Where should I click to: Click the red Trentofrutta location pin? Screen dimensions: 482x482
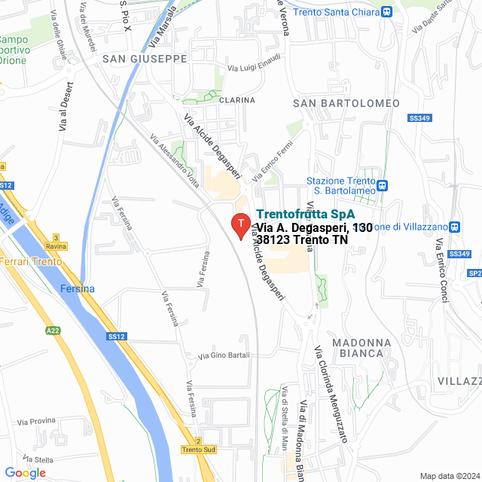coord(239,225)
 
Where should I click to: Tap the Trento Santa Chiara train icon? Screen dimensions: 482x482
coord(386,11)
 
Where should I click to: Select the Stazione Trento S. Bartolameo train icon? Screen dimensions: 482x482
coord(383,185)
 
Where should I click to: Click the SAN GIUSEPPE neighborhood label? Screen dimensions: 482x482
coord(145,58)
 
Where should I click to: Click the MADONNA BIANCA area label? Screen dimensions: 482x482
coord(361,348)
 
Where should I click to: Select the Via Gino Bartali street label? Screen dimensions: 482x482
coord(223,355)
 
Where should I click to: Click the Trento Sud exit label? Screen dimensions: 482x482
coord(199,450)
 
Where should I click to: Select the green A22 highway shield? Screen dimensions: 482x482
coord(53,330)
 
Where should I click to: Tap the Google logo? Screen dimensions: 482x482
coord(25,473)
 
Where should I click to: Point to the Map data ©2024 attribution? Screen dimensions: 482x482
coord(449,476)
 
